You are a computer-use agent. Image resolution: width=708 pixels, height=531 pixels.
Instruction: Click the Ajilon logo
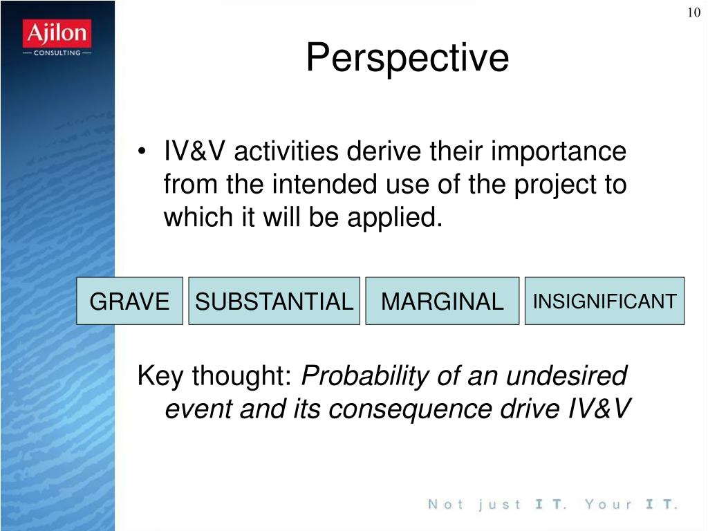point(57,38)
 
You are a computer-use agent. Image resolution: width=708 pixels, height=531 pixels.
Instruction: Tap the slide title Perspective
point(407,58)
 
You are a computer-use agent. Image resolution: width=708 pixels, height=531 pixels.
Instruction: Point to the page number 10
point(694,12)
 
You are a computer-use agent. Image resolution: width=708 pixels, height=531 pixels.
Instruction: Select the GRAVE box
point(129,301)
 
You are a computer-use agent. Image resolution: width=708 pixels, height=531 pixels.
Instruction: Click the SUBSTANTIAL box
point(274,301)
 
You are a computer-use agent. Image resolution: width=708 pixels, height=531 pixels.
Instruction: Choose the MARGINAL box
point(442,301)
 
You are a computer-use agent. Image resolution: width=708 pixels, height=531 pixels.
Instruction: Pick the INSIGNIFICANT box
point(604,301)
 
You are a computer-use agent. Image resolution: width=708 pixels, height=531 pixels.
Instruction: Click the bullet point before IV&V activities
point(142,151)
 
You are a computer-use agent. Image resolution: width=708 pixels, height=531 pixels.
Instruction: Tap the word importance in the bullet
point(559,151)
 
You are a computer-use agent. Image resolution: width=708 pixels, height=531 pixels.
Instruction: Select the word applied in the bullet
point(395,218)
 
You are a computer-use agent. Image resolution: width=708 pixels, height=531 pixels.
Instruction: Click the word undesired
point(567,375)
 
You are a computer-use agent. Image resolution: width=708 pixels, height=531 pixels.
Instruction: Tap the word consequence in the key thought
point(410,409)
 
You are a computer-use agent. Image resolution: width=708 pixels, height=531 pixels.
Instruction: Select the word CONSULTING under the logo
point(57,53)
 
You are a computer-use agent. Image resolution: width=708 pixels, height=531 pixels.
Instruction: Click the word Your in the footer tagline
point(608,504)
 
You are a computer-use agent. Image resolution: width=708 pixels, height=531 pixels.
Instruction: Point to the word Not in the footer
point(446,504)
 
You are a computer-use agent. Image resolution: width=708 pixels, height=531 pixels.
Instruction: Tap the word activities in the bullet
point(286,151)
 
